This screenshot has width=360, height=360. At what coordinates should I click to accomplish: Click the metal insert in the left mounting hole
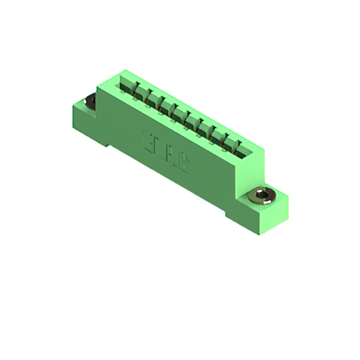(x=90, y=102)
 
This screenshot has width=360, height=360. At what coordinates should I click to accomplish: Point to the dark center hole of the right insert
(x=260, y=196)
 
